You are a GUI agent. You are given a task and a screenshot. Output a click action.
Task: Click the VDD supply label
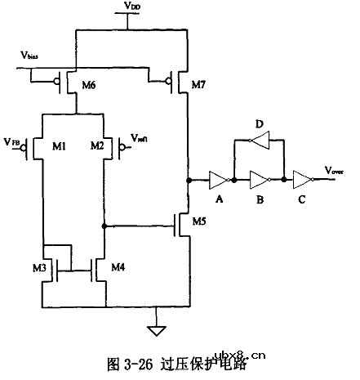131,7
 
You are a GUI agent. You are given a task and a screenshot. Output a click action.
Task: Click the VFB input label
13,143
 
